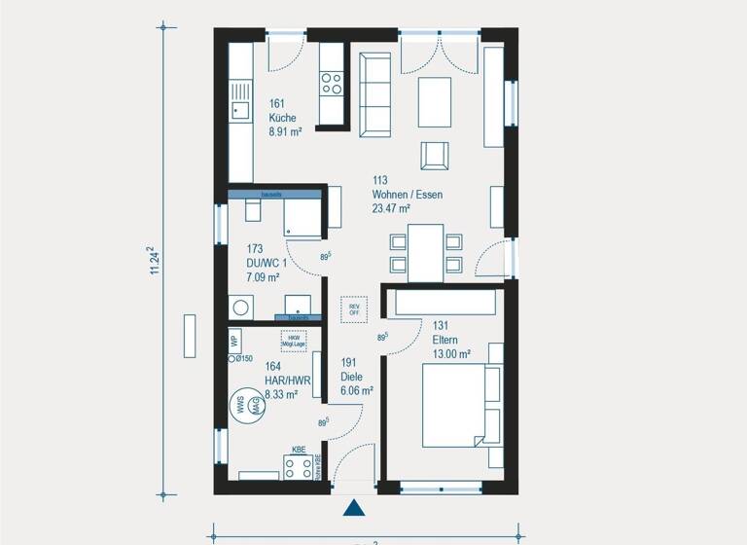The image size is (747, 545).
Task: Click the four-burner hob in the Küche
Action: coord(332,84)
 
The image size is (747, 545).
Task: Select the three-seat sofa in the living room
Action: coord(374,94)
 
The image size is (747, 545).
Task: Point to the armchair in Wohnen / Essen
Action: coord(434,156)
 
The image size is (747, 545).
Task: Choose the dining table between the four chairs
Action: coord(425,252)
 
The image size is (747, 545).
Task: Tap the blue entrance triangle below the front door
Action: coord(354,507)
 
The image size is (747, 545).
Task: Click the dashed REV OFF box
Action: coord(353,309)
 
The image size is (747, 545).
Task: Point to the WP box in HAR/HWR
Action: coord(234,341)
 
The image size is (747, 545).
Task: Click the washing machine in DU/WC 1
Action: coord(240,308)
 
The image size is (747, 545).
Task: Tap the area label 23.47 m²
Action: coord(391,208)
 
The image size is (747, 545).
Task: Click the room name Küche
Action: coord(282,118)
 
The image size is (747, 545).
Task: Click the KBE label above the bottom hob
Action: coord(298,451)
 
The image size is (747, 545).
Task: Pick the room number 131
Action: coord(441,326)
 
